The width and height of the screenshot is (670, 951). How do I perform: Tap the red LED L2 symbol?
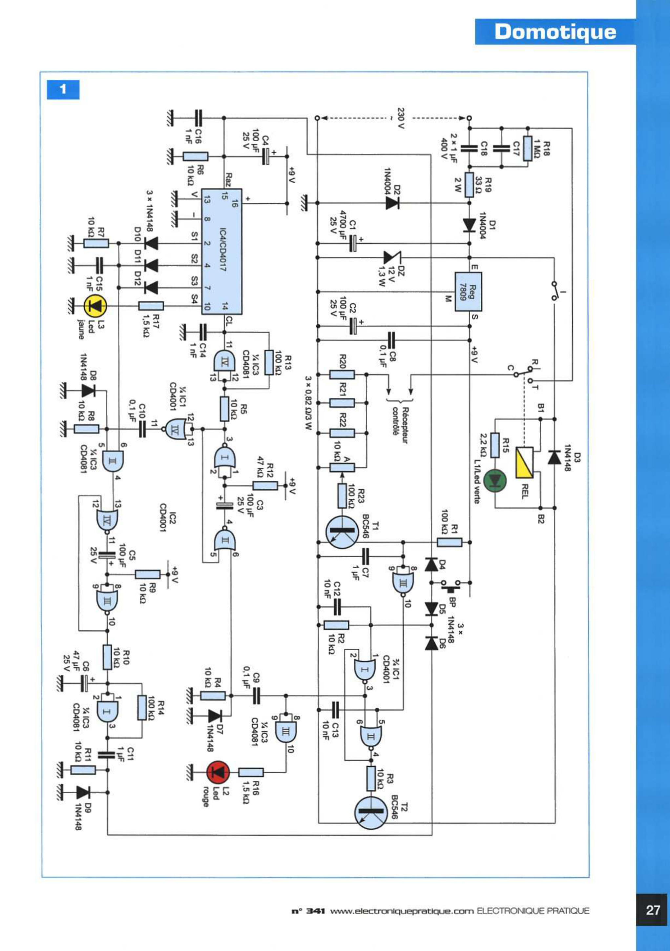tap(219, 772)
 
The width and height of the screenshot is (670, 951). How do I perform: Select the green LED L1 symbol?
tap(495, 480)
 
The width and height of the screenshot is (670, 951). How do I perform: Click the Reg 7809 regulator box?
tap(468, 292)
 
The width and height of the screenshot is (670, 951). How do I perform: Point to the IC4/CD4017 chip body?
tap(222, 252)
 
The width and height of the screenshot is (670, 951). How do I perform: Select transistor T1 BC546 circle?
tap(342, 532)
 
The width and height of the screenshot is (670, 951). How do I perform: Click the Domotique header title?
tap(555, 32)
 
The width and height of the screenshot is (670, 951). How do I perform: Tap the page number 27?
tap(653, 910)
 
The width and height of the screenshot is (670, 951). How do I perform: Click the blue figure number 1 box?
tap(63, 89)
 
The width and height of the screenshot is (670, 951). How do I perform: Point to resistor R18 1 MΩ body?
tap(528, 148)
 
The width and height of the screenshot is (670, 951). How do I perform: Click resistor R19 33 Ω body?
tap(469, 185)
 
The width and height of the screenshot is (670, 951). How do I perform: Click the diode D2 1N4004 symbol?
tap(392, 203)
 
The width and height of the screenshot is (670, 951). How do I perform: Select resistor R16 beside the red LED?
tap(251, 772)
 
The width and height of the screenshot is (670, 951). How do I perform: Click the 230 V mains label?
tap(400, 118)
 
